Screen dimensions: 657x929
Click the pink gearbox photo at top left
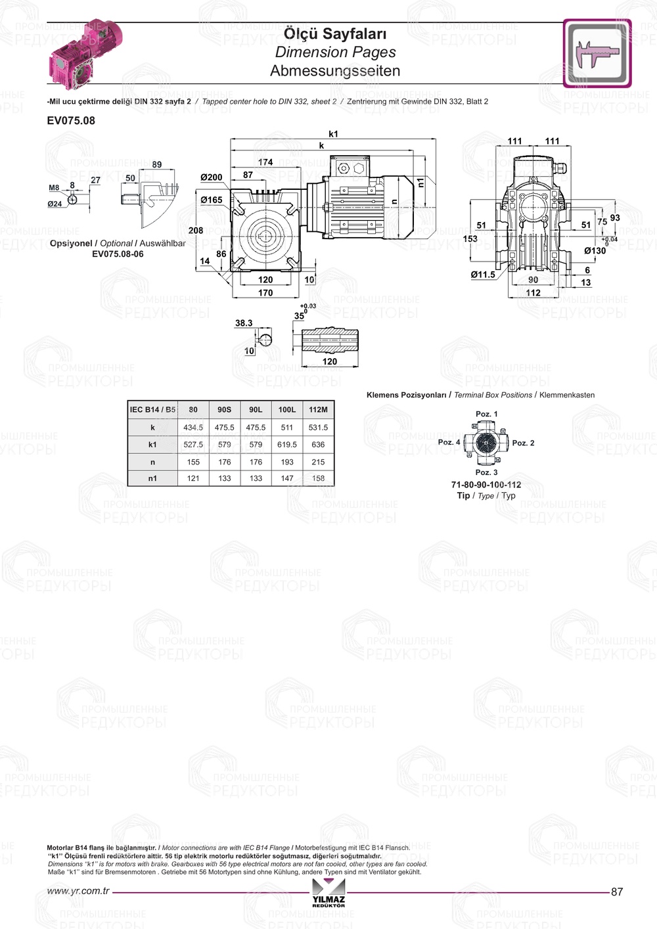pyautogui.click(x=86, y=53)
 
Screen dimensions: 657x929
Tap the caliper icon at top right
pyautogui.click(x=597, y=53)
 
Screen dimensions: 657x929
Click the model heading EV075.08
pyautogui.click(x=71, y=121)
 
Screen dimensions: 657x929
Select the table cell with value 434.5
pyautogui.click(x=193, y=427)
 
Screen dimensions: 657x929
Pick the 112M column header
pyautogui.click(x=318, y=410)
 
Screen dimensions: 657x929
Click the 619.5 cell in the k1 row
pyautogui.click(x=287, y=445)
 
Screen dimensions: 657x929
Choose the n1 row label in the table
pyautogui.click(x=152, y=478)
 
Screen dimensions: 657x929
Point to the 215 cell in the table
pyautogui.click(x=318, y=462)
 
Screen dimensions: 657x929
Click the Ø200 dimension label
pyautogui.click(x=212, y=177)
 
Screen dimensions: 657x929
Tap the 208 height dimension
pyautogui.click(x=196, y=231)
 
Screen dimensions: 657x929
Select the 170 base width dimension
pyautogui.click(x=265, y=293)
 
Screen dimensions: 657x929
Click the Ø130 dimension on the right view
pyautogui.click(x=595, y=250)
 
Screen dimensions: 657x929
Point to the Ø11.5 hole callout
pyautogui.click(x=483, y=274)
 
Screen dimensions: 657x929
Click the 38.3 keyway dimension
pyautogui.click(x=244, y=323)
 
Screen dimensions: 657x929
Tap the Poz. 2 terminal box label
pyautogui.click(x=524, y=443)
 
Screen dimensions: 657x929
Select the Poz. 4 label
pyautogui.click(x=449, y=442)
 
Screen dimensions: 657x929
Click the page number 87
pyautogui.click(x=617, y=892)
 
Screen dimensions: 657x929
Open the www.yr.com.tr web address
pyautogui.click(x=78, y=891)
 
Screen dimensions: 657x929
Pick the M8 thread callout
pyautogui.click(x=54, y=188)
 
